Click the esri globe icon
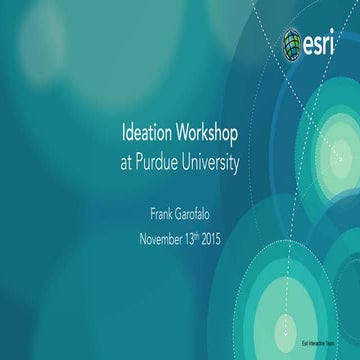click(294, 43)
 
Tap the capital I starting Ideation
click(122, 134)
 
